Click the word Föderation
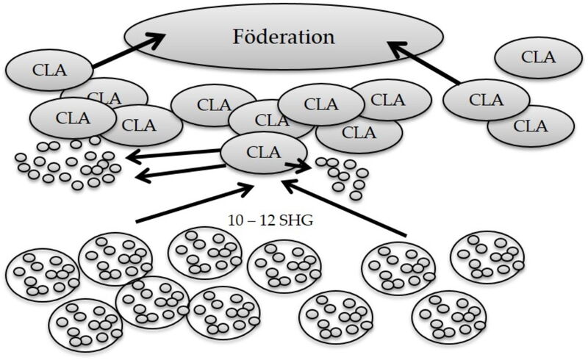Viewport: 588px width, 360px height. tap(283, 37)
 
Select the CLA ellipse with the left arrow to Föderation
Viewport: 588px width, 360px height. tap(49, 71)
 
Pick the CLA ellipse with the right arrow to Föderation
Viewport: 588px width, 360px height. tap(486, 99)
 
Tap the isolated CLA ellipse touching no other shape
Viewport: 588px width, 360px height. tap(538, 56)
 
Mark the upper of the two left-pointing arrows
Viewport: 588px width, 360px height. tap(173, 154)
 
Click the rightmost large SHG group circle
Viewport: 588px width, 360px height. tap(487, 258)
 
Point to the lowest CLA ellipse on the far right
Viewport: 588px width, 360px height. tap(531, 126)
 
